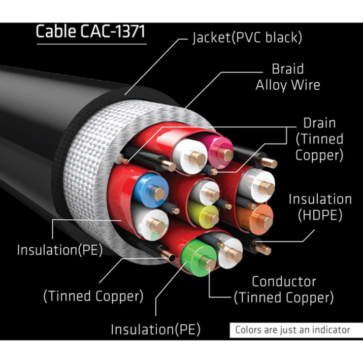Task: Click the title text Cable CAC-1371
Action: coord(90,31)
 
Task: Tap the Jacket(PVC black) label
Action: coord(247,38)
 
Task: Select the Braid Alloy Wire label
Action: coord(287,77)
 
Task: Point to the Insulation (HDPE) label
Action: coord(320,207)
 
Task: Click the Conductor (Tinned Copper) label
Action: coord(283,289)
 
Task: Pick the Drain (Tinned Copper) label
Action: coord(319,139)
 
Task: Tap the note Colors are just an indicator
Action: coord(292,329)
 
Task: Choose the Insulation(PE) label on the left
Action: coord(59,250)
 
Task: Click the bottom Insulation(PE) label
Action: coord(156,329)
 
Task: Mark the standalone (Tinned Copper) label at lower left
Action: coord(93,295)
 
